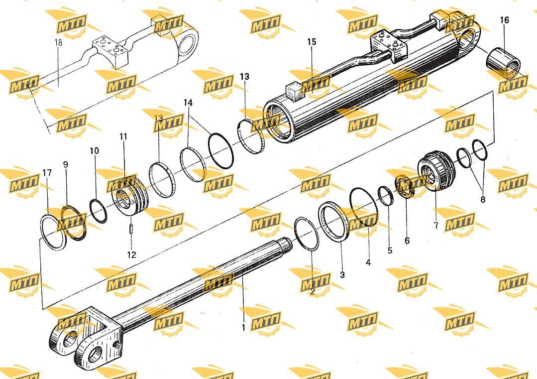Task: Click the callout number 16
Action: [504, 20]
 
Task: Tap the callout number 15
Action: [312, 42]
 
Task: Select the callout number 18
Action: [59, 42]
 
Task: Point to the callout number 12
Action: [131, 254]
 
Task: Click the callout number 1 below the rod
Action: [243, 328]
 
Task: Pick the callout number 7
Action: [436, 226]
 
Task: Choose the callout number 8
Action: [483, 199]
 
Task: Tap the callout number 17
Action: [47, 173]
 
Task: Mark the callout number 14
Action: [188, 103]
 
